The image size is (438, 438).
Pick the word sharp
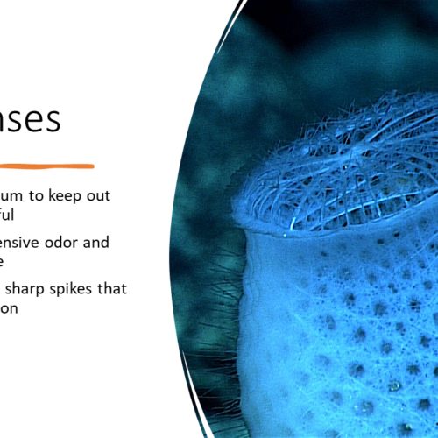[x=34, y=288]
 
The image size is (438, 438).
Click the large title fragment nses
[x=30, y=120]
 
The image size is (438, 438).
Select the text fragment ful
[x=9, y=213]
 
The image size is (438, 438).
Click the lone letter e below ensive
[x=4, y=260]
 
